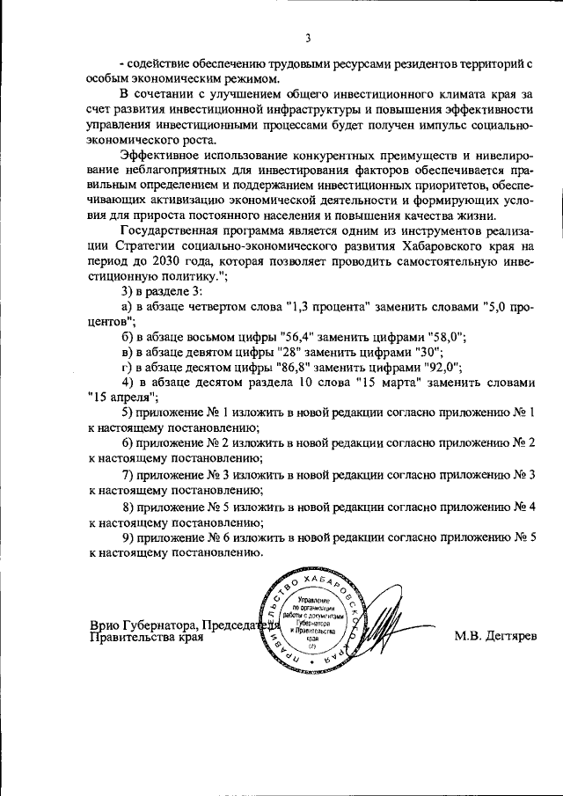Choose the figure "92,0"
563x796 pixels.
pos(442,367)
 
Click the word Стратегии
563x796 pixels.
pos(143,247)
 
